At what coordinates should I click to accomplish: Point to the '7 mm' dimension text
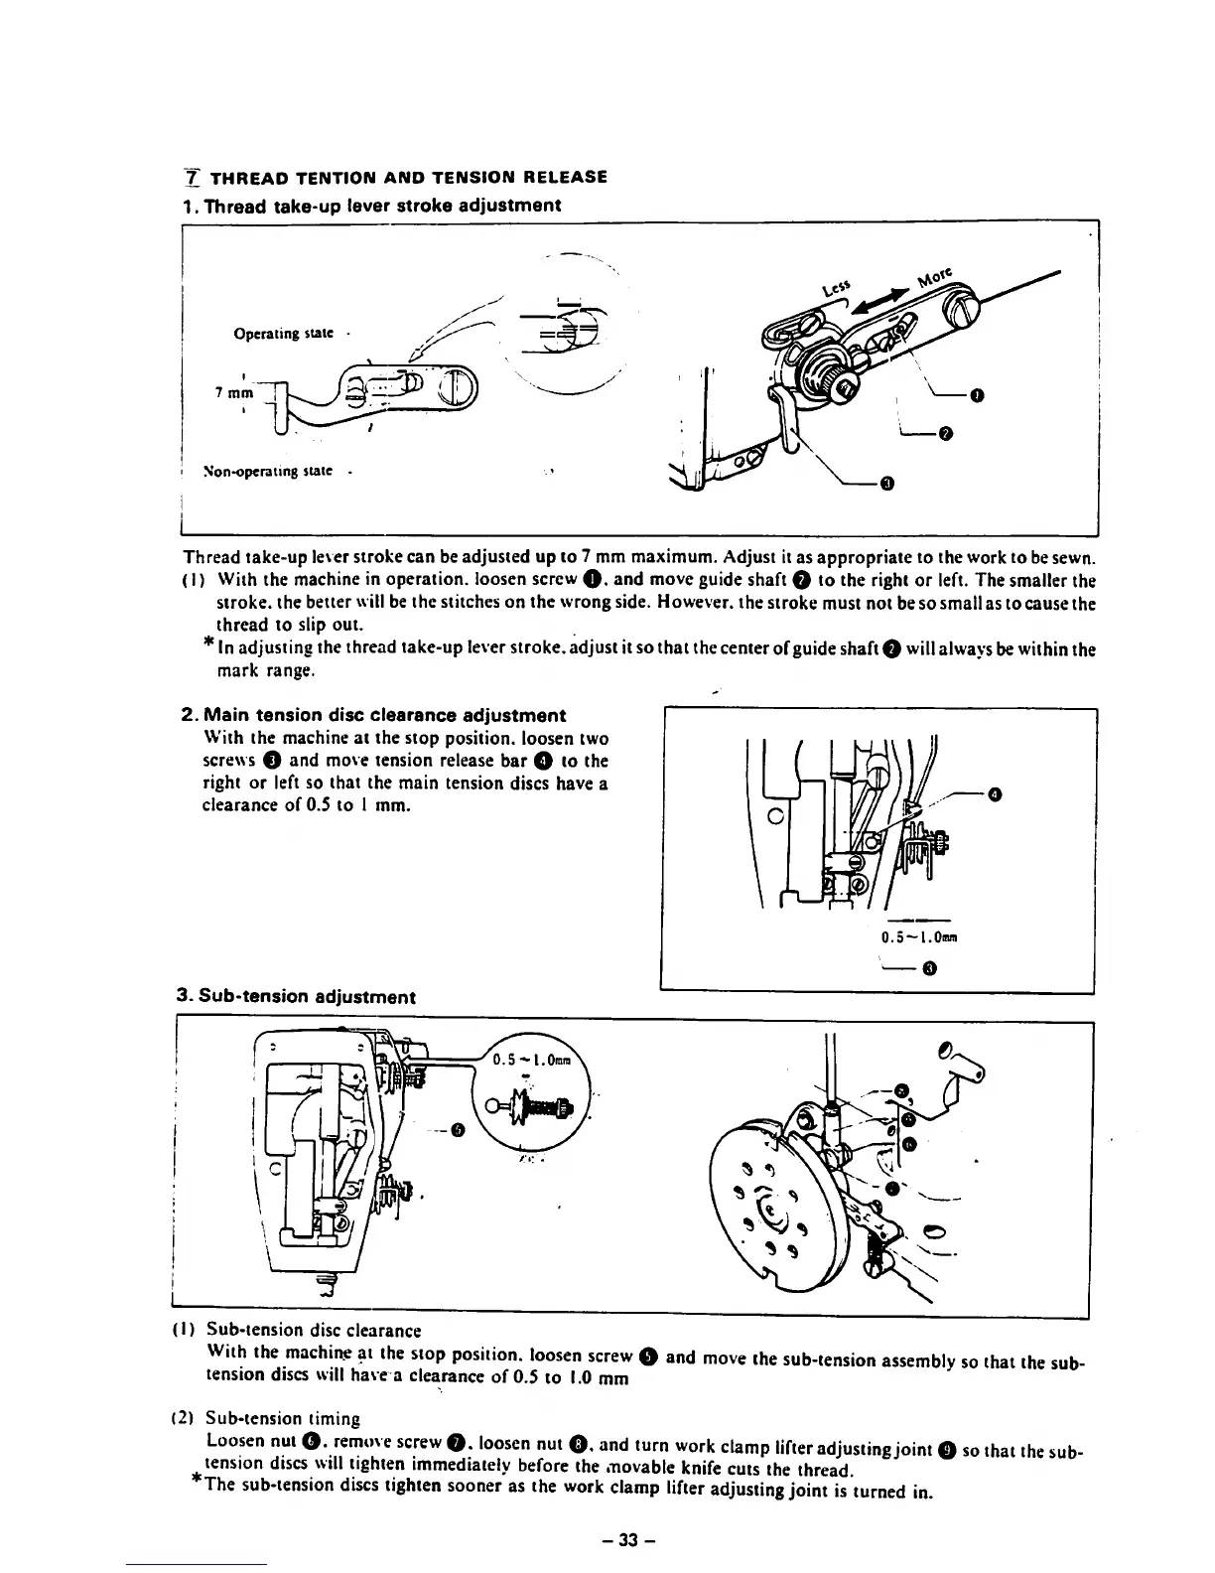pyautogui.click(x=235, y=391)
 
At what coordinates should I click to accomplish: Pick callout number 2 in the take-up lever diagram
pyautogui.click(x=945, y=433)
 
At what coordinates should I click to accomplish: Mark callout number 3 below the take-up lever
pyautogui.click(x=886, y=484)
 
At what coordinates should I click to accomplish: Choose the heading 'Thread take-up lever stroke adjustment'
pyautogui.click(x=372, y=206)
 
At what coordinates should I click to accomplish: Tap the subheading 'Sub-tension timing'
pyautogui.click(x=283, y=1418)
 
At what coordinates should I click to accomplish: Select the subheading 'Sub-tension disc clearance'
pyautogui.click(x=314, y=1330)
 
